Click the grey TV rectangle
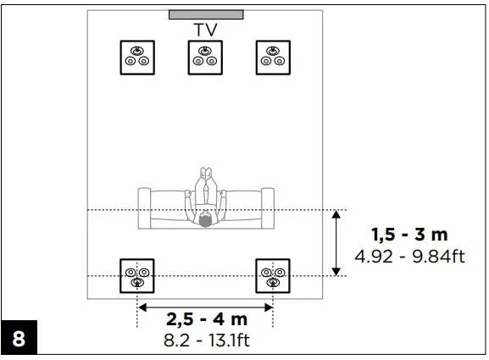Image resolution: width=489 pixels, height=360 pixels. pyautogui.click(x=206, y=14)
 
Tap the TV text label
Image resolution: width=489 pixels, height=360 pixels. pyautogui.click(x=205, y=30)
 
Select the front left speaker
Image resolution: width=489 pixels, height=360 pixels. pyautogui.click(x=137, y=58)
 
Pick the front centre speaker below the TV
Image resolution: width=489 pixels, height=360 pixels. pyautogui.click(x=205, y=58)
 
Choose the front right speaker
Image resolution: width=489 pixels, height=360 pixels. pyautogui.click(x=273, y=58)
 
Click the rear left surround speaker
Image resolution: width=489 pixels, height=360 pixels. pyautogui.click(x=137, y=276)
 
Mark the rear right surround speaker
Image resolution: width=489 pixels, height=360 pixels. pyautogui.click(x=273, y=276)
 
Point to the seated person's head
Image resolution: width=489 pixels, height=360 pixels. pyautogui.click(x=205, y=219)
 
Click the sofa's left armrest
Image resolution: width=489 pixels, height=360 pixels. pyautogui.click(x=144, y=208)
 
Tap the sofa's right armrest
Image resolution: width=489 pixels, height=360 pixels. pyautogui.click(x=268, y=208)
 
